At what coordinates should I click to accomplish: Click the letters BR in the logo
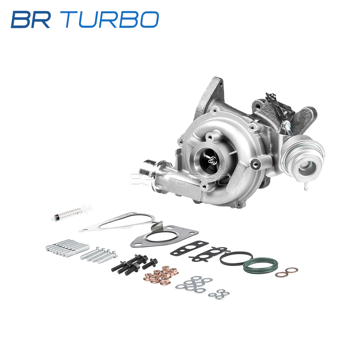point(31,19)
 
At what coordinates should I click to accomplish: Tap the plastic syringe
point(72,212)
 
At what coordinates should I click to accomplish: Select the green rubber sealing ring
point(260,266)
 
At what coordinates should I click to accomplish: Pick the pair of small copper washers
point(286,273)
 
